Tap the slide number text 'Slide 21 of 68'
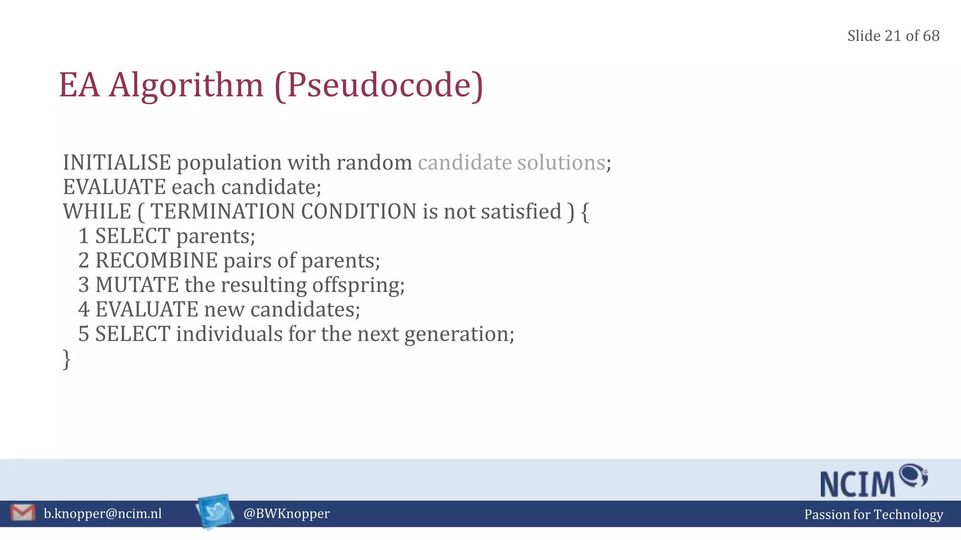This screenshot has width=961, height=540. [893, 36]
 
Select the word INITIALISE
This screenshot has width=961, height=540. [117, 163]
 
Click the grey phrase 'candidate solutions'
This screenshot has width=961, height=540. [511, 163]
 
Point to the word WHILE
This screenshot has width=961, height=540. [97, 211]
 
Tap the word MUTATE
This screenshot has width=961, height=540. [137, 285]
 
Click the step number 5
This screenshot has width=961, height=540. [84, 334]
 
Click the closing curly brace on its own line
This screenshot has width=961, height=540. [67, 360]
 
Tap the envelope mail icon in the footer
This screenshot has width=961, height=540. [23, 513]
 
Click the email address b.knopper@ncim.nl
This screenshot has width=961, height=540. [103, 514]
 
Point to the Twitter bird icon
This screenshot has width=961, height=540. [215, 511]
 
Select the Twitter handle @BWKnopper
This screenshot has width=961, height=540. [286, 514]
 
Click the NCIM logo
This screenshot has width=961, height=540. [873, 481]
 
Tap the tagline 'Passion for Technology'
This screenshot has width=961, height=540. [873, 515]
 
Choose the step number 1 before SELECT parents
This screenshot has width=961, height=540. [84, 236]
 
